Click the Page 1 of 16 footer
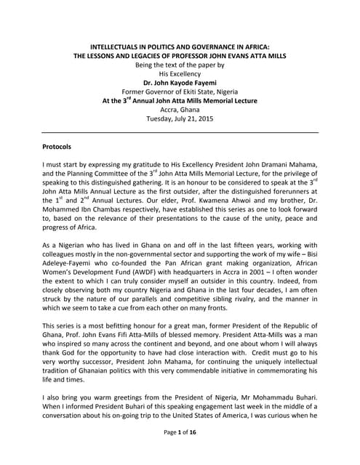pos(179,453)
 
